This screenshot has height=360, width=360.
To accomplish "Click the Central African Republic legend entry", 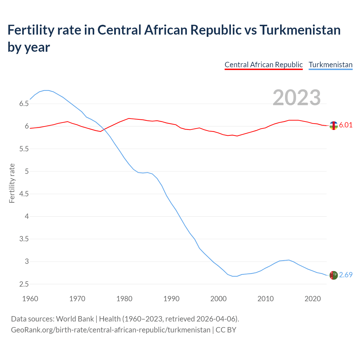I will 264,65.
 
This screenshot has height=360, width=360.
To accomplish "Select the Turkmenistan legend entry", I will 330,65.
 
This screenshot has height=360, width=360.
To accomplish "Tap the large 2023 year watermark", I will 297,97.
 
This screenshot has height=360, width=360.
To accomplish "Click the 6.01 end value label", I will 346,125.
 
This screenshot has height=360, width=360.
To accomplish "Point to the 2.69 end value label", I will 346,275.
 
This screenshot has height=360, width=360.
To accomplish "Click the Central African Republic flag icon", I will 334,125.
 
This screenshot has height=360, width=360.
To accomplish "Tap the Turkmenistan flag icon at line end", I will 334,275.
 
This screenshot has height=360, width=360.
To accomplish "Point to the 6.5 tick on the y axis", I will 24,104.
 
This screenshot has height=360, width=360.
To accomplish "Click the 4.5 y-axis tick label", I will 24,194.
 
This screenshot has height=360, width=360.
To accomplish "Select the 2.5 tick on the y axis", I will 24,284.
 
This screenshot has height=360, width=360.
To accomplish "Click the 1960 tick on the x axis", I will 30,299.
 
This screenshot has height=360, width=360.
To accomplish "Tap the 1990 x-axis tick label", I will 171,299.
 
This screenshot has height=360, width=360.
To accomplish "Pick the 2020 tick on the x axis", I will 312,299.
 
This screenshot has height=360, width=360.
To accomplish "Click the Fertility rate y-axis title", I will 12,183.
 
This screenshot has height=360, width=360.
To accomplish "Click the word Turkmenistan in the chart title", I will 300,30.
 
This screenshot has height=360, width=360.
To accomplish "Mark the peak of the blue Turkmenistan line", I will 46,90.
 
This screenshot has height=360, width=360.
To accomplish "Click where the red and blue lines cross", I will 104,130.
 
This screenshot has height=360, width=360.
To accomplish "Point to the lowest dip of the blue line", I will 235,276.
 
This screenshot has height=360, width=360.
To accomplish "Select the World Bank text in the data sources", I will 75,319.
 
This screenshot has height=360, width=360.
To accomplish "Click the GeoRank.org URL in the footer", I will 111,330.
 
